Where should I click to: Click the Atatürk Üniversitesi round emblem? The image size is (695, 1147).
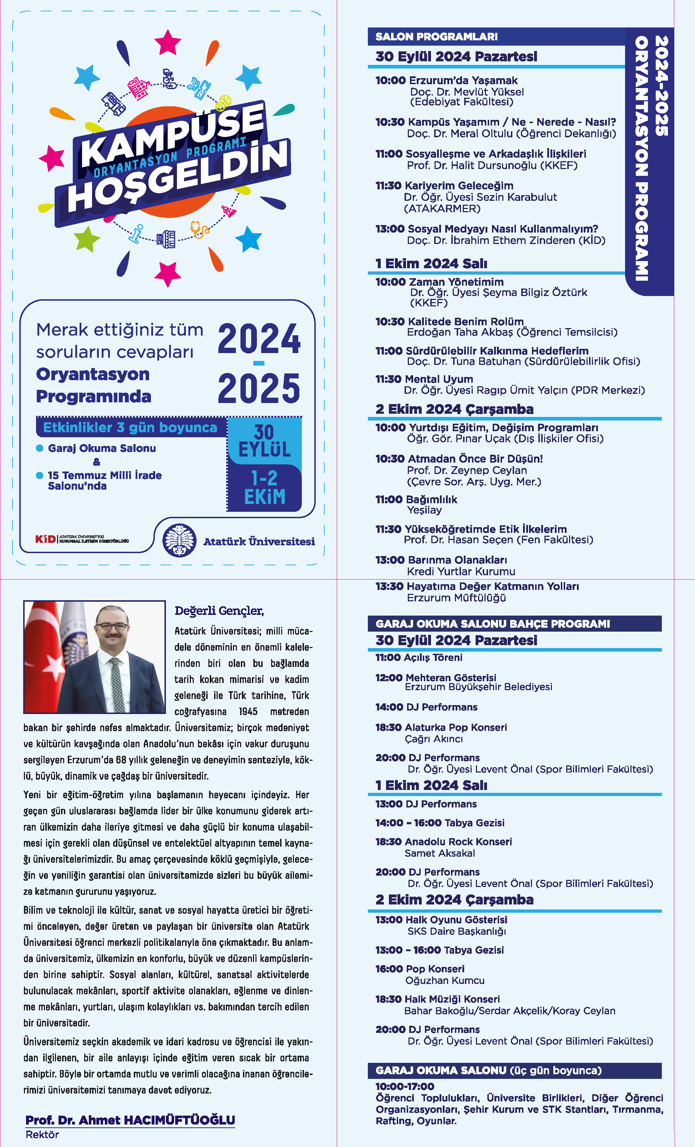tap(179, 540)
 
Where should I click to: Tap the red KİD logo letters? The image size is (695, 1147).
tap(45, 539)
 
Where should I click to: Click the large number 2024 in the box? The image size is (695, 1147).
tap(259, 339)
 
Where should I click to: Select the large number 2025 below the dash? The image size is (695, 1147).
tap(259, 388)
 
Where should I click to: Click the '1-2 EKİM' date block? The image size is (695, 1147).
tap(265, 488)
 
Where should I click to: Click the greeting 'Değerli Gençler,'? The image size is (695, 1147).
tap(219, 611)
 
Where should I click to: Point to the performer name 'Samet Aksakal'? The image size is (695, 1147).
tap(440, 853)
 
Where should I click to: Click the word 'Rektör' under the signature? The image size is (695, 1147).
tap(42, 1135)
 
